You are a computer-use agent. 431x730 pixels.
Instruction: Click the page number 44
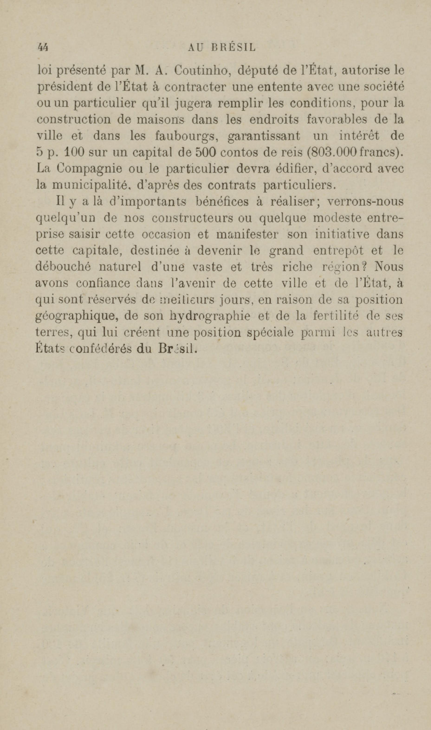click(x=43, y=47)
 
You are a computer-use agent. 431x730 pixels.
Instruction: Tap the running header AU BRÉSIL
click(x=222, y=47)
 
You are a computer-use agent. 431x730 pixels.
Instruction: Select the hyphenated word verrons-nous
click(x=365, y=202)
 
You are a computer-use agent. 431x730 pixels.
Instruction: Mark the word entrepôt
click(x=338, y=250)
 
